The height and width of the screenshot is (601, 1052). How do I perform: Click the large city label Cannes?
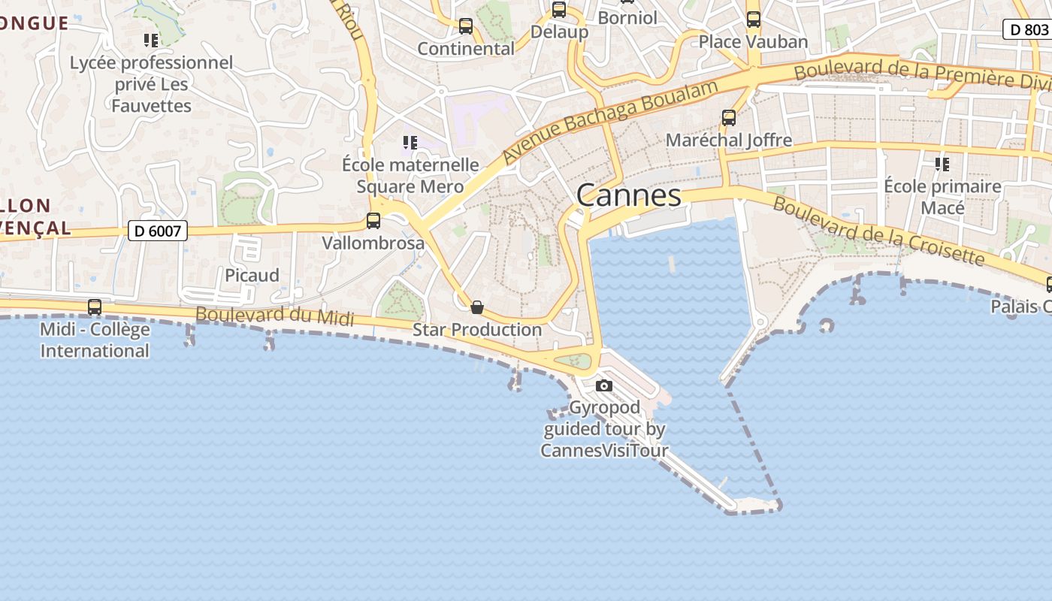(629, 196)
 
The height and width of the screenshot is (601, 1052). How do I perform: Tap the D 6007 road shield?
(157, 231)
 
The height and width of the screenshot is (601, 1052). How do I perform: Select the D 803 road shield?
(1026, 29)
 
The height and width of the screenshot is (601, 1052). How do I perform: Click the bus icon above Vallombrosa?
(373, 221)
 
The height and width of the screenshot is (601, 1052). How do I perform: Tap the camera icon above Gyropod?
(603, 386)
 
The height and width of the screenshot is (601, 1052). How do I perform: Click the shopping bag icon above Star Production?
(476, 307)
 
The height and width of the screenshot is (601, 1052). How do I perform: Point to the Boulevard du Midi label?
(274, 316)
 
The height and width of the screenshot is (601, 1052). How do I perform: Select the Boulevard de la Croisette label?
(878, 231)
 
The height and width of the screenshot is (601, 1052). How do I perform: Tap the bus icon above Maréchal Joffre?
(729, 118)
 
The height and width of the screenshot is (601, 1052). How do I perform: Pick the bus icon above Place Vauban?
(753, 20)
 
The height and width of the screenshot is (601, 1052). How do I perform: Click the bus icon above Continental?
(466, 26)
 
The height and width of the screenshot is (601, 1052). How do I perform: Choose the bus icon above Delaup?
(559, 10)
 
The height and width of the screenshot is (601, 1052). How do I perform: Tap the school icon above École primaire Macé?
(942, 164)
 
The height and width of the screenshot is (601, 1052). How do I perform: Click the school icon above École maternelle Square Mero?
(410, 142)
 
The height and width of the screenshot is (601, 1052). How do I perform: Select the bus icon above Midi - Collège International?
(95, 307)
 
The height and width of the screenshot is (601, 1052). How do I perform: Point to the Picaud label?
(252, 275)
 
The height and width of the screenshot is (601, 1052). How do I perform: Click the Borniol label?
(627, 17)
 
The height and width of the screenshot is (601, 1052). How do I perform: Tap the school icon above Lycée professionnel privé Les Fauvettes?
(151, 40)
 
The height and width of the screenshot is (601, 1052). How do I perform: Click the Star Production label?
(476, 330)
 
